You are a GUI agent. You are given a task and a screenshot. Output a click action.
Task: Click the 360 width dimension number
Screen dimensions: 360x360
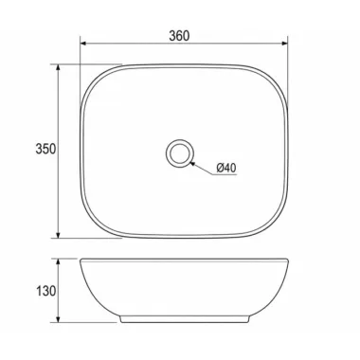point(179,36)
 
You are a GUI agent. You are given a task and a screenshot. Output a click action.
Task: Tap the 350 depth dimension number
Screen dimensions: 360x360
point(45,149)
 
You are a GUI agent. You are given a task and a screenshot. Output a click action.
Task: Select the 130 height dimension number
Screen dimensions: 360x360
point(45,291)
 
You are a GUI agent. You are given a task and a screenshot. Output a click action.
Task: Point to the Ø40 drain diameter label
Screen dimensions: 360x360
point(226,168)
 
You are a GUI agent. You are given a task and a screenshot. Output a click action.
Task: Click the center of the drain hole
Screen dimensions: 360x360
point(179,153)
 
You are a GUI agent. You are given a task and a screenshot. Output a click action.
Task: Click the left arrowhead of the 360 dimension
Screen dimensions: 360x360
point(83,44)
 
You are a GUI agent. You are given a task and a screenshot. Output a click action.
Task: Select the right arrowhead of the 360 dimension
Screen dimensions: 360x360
point(284,44)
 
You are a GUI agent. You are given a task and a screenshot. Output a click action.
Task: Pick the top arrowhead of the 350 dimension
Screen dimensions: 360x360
point(58,68)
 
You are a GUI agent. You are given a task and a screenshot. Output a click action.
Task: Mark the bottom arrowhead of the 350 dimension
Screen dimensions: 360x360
point(58,234)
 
